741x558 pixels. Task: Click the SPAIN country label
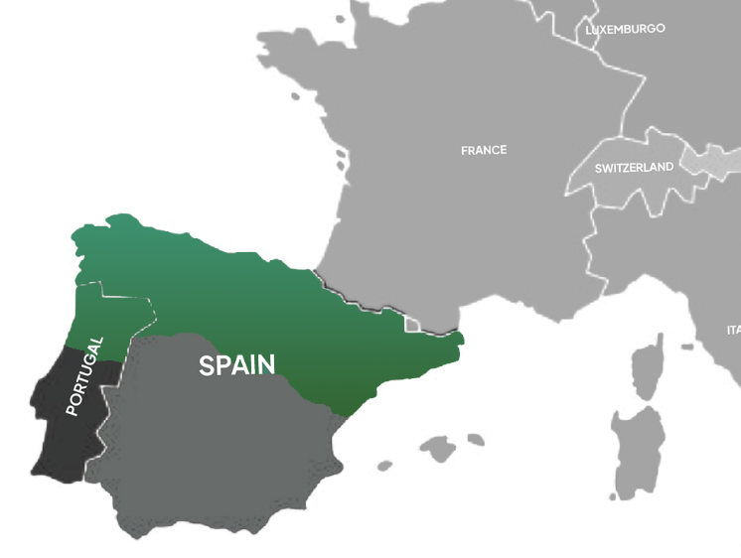tap(237, 365)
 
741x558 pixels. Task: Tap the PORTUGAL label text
tap(84, 376)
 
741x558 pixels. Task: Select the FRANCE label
tap(484, 150)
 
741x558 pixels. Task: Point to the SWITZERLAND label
tap(634, 168)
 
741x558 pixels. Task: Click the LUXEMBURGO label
tap(625, 30)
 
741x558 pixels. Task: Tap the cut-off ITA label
tap(733, 330)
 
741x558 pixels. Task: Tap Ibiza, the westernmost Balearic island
tap(383, 463)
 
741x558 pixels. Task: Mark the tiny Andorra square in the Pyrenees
tap(412, 324)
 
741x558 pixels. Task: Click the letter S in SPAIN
tap(207, 365)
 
